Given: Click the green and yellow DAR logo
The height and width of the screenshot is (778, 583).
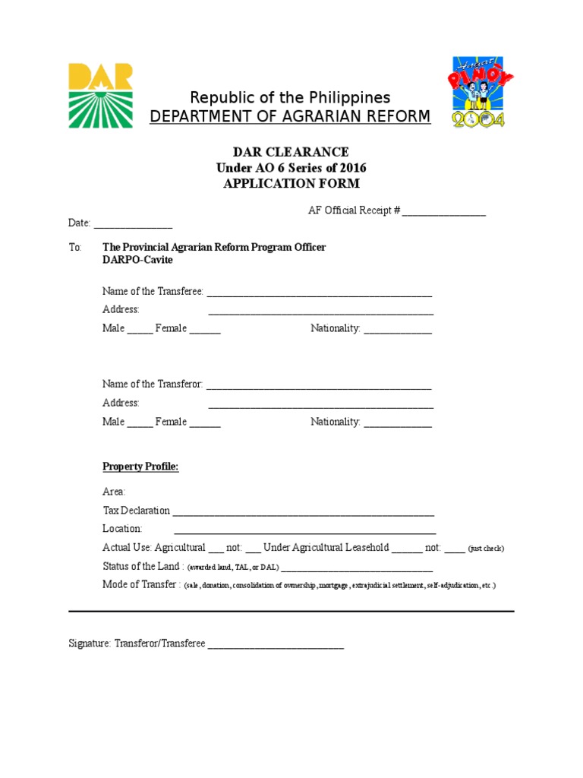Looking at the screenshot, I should click(x=101, y=95).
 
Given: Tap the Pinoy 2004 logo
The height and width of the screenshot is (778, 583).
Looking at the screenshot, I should click(x=478, y=91).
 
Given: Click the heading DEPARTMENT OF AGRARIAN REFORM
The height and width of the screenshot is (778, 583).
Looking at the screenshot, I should click(x=290, y=117).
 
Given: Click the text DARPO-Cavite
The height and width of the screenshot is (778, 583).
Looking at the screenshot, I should click(x=137, y=260).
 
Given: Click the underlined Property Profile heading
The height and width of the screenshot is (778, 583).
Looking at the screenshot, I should click(x=140, y=466).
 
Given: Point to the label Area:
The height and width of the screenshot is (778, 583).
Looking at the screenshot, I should click(x=114, y=492).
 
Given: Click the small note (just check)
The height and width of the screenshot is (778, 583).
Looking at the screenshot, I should click(x=486, y=549).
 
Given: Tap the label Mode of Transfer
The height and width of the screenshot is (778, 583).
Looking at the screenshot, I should click(x=141, y=585).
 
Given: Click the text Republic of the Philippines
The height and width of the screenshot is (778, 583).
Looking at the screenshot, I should click(x=290, y=98).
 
